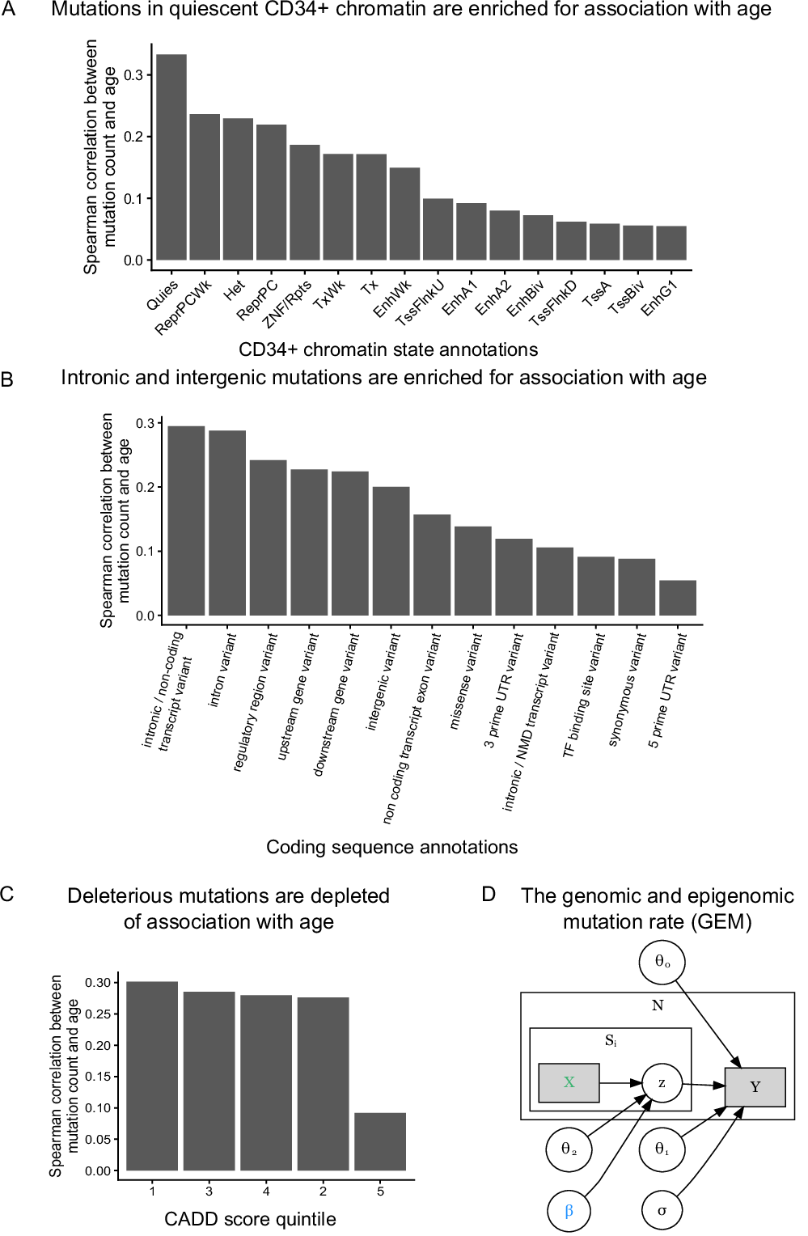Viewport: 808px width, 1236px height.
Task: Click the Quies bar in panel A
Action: pyautogui.click(x=171, y=158)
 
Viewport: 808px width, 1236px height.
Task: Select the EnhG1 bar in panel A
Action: pyautogui.click(x=671, y=243)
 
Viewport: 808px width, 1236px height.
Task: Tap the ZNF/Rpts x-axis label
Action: pyautogui.click(x=289, y=304)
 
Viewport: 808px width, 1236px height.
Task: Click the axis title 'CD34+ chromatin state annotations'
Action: pyautogui.click(x=388, y=349)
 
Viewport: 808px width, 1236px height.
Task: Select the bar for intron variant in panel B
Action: pyautogui.click(x=227, y=523)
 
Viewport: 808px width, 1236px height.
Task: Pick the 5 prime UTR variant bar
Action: pyautogui.click(x=678, y=598)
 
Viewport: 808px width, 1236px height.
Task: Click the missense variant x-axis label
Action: pyautogui.click(x=467, y=681)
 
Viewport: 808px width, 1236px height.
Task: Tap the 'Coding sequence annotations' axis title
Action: pyautogui.click(x=391, y=847)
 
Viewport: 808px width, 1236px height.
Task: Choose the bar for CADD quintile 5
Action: pyautogui.click(x=380, y=1141)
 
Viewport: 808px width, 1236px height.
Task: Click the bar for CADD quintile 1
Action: pyautogui.click(x=152, y=1076)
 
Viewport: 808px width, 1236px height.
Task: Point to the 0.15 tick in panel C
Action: pyautogui.click(x=98, y=1077)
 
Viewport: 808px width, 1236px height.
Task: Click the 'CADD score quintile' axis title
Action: pyautogui.click(x=250, y=1219)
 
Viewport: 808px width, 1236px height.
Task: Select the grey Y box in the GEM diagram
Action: pyautogui.click(x=755, y=1087)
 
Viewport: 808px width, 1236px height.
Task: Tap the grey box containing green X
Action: pyautogui.click(x=569, y=1083)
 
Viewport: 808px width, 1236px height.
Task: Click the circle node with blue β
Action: pyautogui.click(x=569, y=1211)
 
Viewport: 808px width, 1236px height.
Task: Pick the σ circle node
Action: pyautogui.click(x=662, y=1211)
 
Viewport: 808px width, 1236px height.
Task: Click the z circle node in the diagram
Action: pyautogui.click(x=662, y=1083)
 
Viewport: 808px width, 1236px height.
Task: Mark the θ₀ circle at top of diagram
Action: pyautogui.click(x=662, y=962)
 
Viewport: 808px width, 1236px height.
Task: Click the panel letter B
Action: pyautogui.click(x=7, y=379)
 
